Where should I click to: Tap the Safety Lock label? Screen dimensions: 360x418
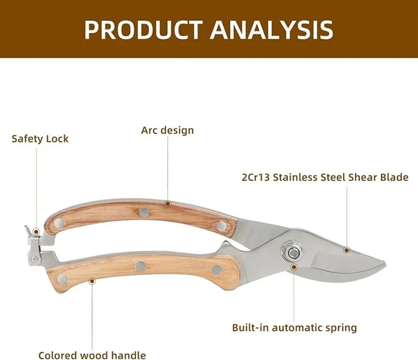pyautogui.click(x=40, y=139)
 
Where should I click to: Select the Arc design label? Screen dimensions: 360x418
pyautogui.click(x=167, y=130)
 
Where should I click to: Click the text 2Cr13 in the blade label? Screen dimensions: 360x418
pyautogui.click(x=255, y=177)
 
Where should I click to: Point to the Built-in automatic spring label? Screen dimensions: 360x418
pyautogui.click(x=294, y=328)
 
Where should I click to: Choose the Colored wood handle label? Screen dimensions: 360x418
pyautogui.click(x=92, y=355)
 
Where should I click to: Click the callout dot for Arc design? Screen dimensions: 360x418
pyautogui.click(x=168, y=203)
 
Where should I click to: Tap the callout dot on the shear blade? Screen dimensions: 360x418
pyautogui.click(x=346, y=250)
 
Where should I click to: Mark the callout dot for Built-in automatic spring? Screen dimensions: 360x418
pyautogui.click(x=294, y=266)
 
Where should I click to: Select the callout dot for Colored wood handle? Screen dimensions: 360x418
pyautogui.click(x=92, y=280)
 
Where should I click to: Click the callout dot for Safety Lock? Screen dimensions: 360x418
pyautogui.click(x=36, y=232)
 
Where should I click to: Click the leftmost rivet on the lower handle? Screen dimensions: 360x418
pyautogui.click(x=62, y=279)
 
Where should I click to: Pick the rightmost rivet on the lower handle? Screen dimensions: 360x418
pyautogui.click(x=216, y=269)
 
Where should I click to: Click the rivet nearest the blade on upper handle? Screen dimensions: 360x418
pyautogui.click(x=221, y=226)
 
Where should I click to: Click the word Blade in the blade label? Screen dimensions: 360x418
pyautogui.click(x=394, y=177)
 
